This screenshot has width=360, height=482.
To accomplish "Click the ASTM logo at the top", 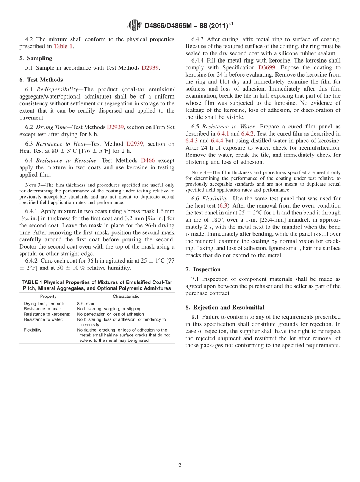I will pos(135,25).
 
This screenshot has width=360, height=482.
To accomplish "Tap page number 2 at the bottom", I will pos(180,466).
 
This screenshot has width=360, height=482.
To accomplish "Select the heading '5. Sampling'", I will pos(36,58).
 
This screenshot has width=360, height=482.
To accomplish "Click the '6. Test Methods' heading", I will pos(41,80).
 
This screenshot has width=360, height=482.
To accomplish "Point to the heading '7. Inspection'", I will pos(203,269).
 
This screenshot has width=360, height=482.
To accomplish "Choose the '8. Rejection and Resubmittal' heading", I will pos(225,307).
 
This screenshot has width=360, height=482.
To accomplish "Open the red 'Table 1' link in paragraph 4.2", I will pos(63,46).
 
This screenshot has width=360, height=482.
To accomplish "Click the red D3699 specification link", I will pos(266,67).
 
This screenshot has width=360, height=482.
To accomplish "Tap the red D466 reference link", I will pos(148,160).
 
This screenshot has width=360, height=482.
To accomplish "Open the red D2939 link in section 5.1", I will pos(150,68).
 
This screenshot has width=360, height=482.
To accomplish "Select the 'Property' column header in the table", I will pos(48,296).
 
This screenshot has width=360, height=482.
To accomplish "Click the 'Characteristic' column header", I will pos(126,296).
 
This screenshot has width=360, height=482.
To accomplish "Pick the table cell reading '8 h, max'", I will pos(86,304).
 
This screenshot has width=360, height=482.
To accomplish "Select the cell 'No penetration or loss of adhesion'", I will pos(110,314).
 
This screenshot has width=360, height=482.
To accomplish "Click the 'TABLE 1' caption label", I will pos(34,282).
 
